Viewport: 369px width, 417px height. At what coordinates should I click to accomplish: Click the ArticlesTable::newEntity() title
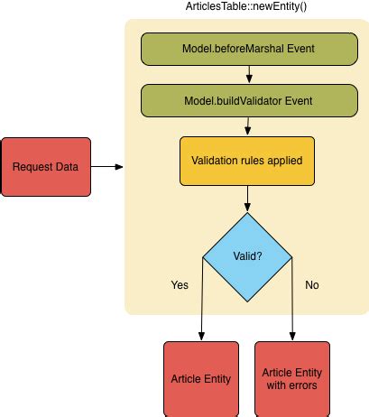click(x=246, y=6)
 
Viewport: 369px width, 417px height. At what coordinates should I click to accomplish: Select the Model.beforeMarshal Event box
click(x=249, y=49)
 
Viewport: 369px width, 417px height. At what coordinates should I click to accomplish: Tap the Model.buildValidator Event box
click(x=249, y=101)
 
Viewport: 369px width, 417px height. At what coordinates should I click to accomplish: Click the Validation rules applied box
click(x=247, y=161)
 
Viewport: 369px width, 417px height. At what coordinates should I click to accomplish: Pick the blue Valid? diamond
click(x=247, y=257)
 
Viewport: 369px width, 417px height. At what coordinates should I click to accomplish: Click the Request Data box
click(x=46, y=167)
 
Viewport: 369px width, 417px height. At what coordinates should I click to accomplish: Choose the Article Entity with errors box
click(x=292, y=379)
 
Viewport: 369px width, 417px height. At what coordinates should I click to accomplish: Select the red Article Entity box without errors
click(x=201, y=379)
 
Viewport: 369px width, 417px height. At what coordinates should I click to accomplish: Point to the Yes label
click(x=180, y=285)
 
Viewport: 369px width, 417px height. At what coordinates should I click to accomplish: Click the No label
click(x=312, y=285)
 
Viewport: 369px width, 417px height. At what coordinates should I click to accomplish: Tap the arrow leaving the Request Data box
click(x=107, y=167)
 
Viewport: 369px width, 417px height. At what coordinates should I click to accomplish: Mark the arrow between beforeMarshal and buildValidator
click(x=249, y=74)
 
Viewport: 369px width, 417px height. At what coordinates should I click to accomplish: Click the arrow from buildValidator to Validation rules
click(x=248, y=126)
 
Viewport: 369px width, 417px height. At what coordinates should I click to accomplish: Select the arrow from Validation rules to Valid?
click(x=247, y=199)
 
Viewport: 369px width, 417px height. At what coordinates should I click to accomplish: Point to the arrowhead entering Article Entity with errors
click(x=292, y=337)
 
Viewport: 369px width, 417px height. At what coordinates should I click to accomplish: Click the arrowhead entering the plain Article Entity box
click(x=201, y=337)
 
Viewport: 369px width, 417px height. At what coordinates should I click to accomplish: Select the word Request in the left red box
click(x=28, y=167)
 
